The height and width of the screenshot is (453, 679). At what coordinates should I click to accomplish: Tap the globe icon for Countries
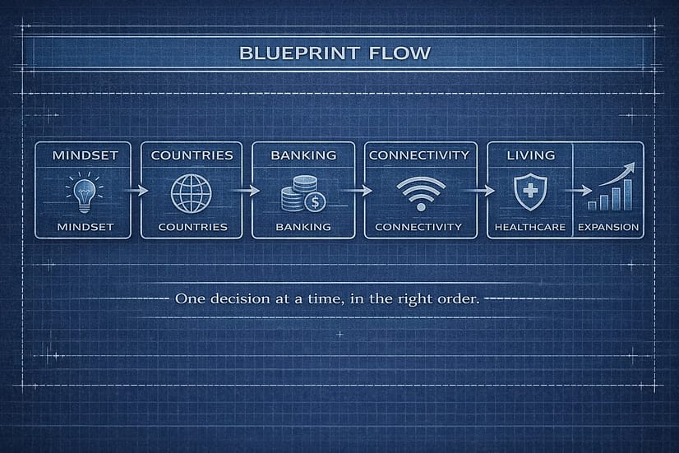[x=192, y=192]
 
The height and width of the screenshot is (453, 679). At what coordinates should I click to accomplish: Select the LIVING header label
[x=531, y=155]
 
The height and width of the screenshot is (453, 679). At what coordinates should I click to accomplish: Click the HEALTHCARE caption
[x=530, y=226]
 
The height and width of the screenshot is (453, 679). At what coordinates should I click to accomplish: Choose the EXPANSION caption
[x=607, y=226]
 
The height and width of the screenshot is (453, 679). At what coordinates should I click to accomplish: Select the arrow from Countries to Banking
[x=246, y=191]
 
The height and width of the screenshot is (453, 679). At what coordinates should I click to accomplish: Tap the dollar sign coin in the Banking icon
[x=313, y=201]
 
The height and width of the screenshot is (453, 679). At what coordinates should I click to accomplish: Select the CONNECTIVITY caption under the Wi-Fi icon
[x=419, y=226]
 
